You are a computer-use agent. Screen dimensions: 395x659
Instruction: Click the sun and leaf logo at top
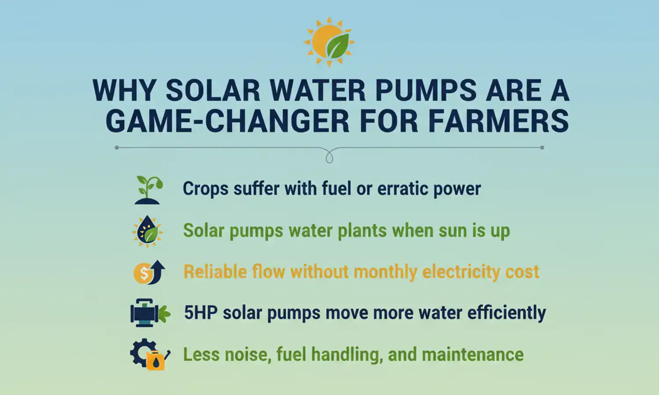click(329, 42)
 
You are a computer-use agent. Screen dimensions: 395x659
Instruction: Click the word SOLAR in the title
click(213, 91)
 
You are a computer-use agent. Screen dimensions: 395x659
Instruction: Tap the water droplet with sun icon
click(148, 231)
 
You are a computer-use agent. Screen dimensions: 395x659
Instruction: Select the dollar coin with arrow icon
click(149, 272)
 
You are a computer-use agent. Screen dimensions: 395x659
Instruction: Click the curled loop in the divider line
click(329, 156)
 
